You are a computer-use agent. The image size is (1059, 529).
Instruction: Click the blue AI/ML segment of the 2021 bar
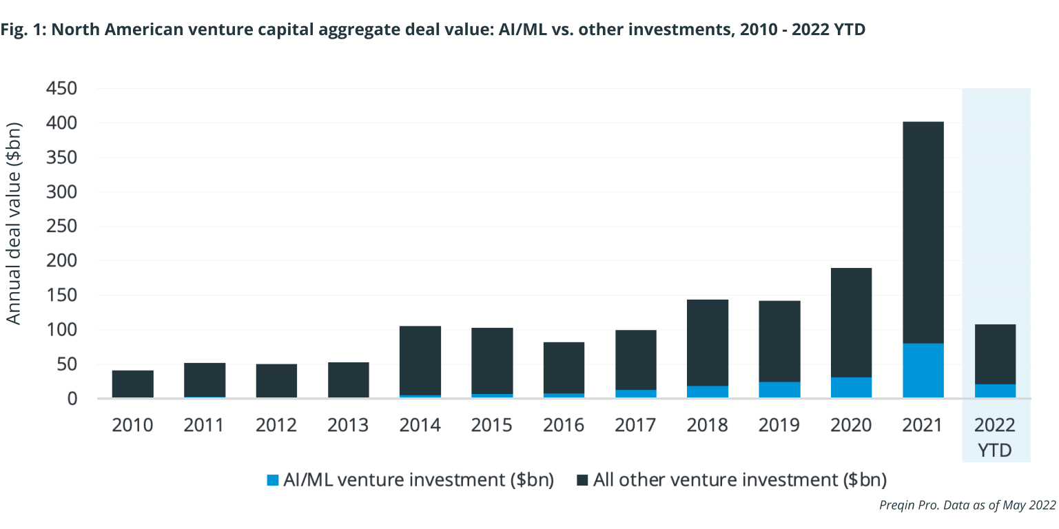point(923,371)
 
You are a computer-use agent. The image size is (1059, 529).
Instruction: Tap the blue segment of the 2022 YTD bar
point(995,391)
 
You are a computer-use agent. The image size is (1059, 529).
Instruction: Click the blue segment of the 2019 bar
point(779,389)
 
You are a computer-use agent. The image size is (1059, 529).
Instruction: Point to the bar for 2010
point(133,384)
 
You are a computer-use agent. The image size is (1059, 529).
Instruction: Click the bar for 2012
point(276,381)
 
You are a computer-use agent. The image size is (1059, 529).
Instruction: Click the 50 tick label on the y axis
point(68,364)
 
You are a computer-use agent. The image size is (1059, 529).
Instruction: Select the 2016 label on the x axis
point(564,425)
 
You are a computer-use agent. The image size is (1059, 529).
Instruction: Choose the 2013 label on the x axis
point(348,425)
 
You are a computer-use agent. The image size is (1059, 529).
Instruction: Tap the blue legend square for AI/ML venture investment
point(272,480)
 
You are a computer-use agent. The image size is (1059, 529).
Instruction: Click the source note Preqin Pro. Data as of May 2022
point(967,505)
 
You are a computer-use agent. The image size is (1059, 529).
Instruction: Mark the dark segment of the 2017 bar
point(635,360)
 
